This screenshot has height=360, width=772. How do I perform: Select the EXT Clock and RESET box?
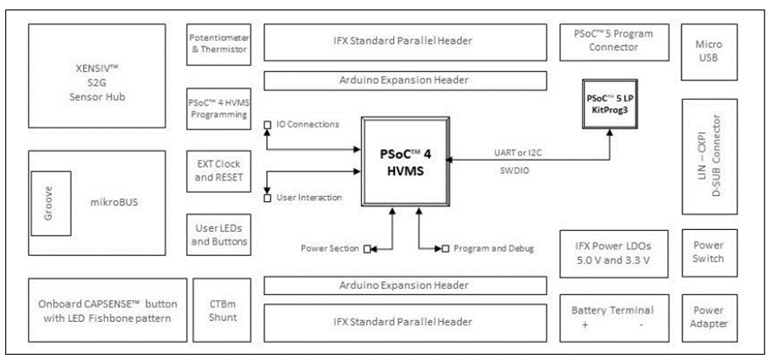click(217, 170)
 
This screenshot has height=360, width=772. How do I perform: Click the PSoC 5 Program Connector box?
click(614, 40)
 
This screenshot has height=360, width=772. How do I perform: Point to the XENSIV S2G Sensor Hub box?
click(96, 75)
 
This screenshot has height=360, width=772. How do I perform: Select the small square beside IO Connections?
click(268, 125)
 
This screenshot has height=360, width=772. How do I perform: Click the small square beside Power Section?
click(367, 248)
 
